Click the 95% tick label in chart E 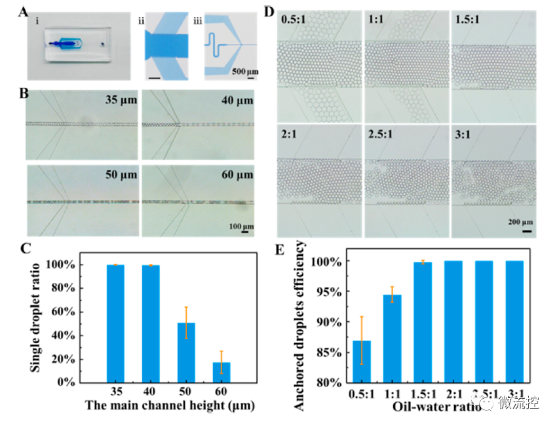click(x=324, y=291)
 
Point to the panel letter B click(x=25, y=94)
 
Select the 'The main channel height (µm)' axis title click(x=169, y=405)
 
